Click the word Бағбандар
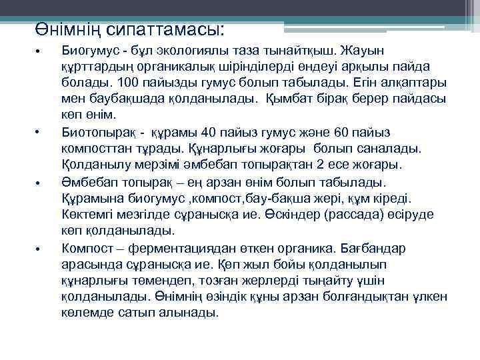[377, 247]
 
